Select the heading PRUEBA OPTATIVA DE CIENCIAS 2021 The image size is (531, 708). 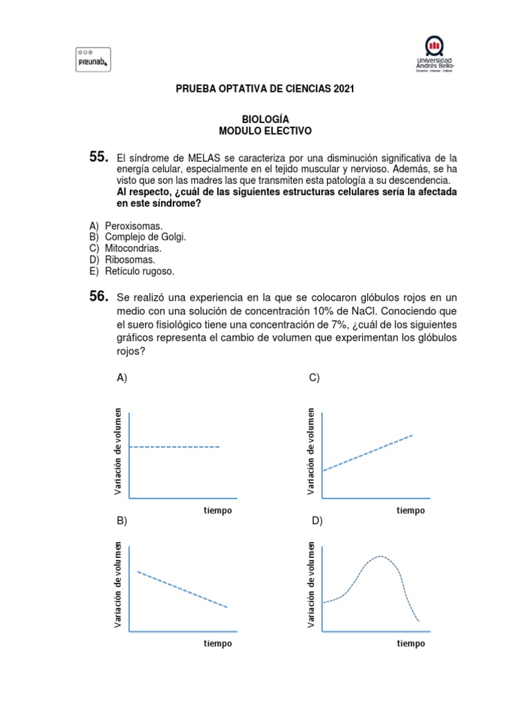265,90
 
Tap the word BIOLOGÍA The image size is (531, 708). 265,120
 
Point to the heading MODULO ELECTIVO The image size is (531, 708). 265,131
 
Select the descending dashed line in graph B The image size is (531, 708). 183,589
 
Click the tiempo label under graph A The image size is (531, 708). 218,511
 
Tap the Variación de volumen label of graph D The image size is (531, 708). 312,586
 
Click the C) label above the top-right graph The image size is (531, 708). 314,378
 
